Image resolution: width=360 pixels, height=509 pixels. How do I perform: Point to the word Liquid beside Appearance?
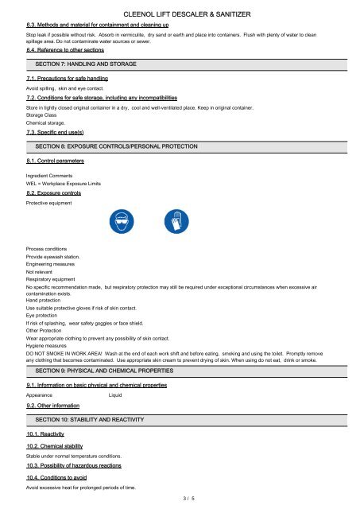pyautogui.click(x=118, y=395)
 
